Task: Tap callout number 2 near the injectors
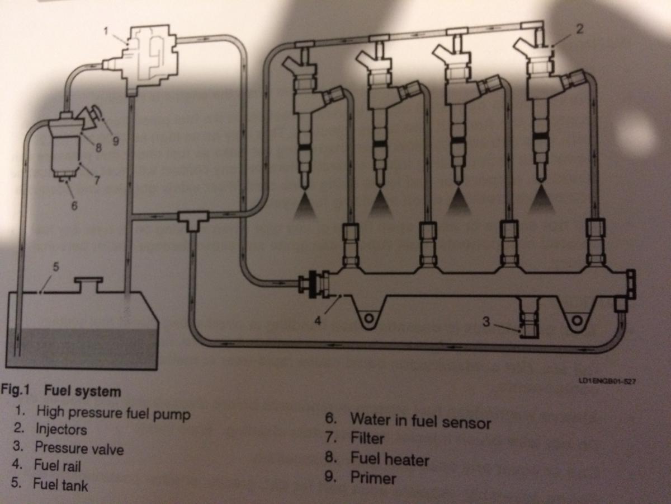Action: pos(579,30)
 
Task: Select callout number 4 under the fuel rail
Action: pos(317,322)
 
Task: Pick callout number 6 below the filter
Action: pos(74,206)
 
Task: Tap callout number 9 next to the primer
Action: pos(116,141)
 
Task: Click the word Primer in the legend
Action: pos(373,478)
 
